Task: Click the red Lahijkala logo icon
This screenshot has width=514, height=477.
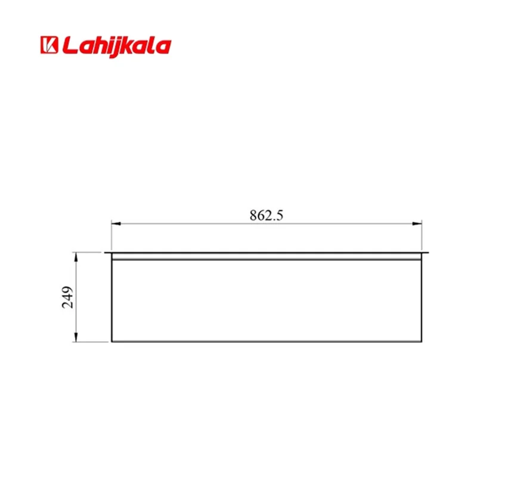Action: (49, 45)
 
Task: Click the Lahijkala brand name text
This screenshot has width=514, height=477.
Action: (117, 47)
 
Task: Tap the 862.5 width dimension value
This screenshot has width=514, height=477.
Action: (266, 215)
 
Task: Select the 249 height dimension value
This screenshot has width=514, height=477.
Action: (67, 297)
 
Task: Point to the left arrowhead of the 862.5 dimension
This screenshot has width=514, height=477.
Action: (116, 224)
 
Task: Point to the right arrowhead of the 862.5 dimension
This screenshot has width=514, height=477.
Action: (417, 224)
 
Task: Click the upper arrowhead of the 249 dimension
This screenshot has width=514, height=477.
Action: (76, 257)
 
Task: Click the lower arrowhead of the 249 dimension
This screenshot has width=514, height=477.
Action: (76, 337)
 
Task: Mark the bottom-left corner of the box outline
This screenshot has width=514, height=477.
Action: (112, 342)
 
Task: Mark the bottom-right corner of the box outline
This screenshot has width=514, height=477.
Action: (422, 342)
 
